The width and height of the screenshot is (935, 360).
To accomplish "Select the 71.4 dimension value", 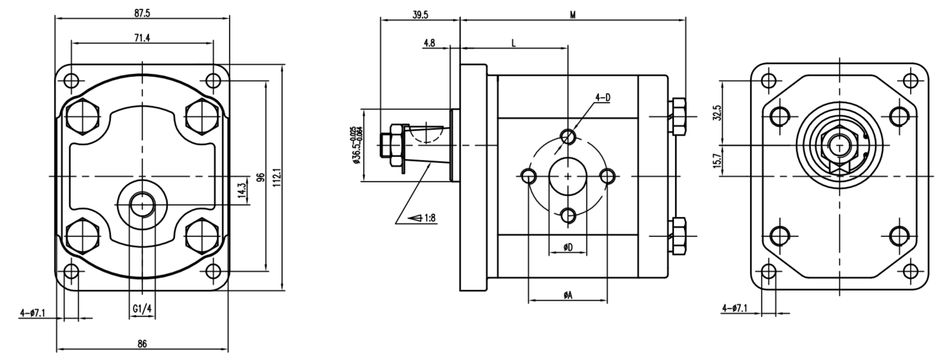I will tap(142, 38).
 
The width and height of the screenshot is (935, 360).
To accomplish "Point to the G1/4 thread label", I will tap(141, 309).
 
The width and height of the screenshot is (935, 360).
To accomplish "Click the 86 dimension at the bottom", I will tap(142, 344).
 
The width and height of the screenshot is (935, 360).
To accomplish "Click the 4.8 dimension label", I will tap(429, 43).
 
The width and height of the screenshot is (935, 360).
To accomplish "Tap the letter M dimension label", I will tap(572, 15).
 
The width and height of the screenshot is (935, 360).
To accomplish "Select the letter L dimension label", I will tap(513, 43).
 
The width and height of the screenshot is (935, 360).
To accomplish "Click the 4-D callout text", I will tap(602, 98).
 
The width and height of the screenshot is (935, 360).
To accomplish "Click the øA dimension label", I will tap(567, 295).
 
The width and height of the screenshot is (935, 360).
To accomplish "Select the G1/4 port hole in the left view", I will tap(141, 204).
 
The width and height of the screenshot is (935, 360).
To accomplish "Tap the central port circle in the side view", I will tap(568, 176).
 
